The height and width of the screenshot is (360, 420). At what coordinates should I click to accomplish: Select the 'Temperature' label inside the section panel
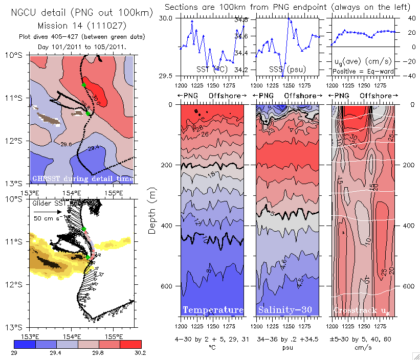tap(213, 310)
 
